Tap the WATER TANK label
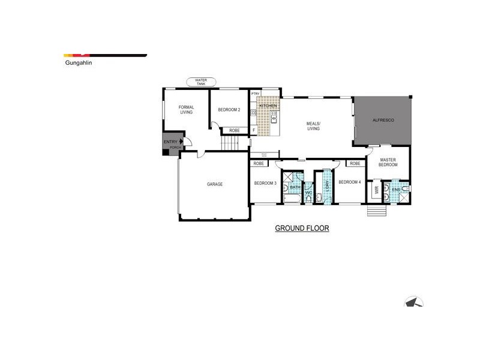point(200,82)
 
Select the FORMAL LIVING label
point(186,109)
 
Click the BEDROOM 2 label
point(229,110)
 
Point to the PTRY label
point(255,94)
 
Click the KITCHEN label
point(268,106)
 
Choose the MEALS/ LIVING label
point(314,125)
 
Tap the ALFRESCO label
point(383,121)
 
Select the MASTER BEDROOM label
point(388,161)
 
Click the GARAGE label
point(215,184)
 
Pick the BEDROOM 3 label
point(265,183)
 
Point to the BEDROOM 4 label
point(349,182)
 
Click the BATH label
point(295,187)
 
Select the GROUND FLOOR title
point(302,229)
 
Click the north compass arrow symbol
point(414,304)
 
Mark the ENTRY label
point(170,142)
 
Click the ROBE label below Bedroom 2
point(234,130)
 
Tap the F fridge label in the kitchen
point(254,130)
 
